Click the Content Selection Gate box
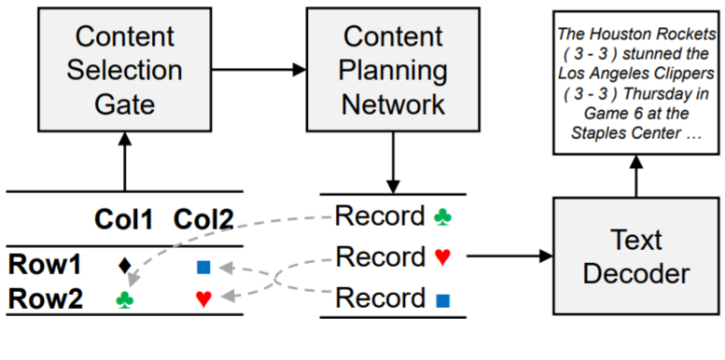(126, 70)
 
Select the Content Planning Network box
(393, 70)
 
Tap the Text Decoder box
(636, 256)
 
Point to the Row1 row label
(42, 265)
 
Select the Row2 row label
(42, 298)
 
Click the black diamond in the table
(124, 266)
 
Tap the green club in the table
(123, 299)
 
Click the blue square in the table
(203, 267)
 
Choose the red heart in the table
(203, 299)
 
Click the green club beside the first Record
(443, 217)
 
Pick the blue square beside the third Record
(443, 300)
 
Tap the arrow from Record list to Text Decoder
(508, 255)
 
